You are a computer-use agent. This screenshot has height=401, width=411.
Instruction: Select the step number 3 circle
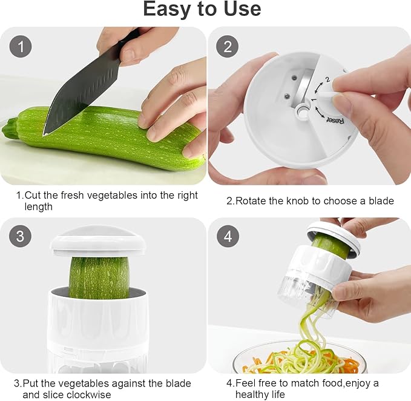pos(20,236)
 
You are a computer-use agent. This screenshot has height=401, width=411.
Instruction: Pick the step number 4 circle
pos(228,236)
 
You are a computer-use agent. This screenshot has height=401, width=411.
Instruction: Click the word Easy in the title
pos(167,10)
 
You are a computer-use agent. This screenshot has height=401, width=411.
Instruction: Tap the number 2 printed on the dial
pos(327,80)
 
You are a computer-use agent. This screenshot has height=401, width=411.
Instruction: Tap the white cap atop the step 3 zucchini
pos(98,242)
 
